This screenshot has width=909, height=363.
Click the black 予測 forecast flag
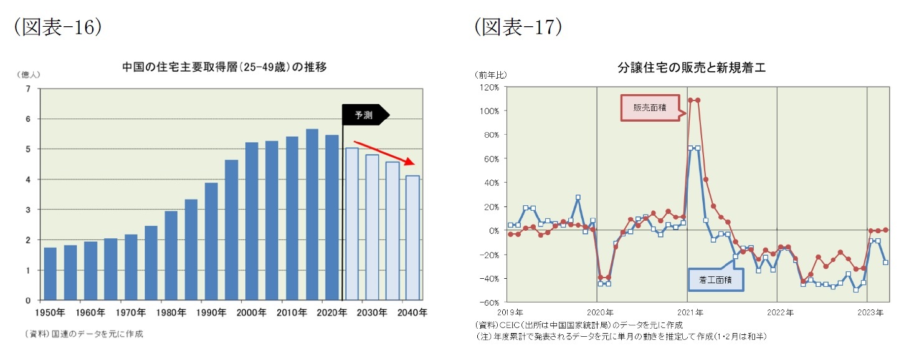coord(364,115)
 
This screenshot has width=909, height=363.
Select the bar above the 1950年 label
coord(50,274)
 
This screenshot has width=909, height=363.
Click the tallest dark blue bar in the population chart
coord(312,215)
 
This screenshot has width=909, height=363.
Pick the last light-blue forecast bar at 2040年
coord(412,238)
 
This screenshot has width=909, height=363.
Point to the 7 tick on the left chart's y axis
coord(28,89)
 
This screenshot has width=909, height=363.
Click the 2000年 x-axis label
coord(251,312)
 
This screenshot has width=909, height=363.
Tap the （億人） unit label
coord(28,74)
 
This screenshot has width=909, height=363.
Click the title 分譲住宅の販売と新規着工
coord(691,69)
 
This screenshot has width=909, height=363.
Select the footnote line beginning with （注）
coord(620,336)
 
